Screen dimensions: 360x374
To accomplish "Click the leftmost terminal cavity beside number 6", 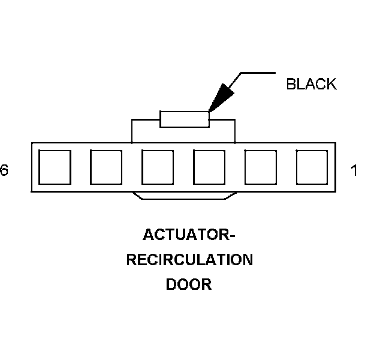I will tap(55, 167).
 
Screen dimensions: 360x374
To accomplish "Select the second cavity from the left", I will tap(106, 167).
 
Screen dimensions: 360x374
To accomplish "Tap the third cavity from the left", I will tap(158, 167).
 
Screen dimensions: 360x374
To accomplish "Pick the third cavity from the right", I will tap(209, 167).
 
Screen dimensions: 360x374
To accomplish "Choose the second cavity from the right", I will tap(261, 167).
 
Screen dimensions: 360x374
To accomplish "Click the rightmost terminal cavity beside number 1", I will tap(312, 167).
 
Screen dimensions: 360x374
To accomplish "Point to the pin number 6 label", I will tap(4, 171).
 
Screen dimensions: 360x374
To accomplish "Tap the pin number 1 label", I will tap(354, 171).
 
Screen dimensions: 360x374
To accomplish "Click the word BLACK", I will tap(311, 85).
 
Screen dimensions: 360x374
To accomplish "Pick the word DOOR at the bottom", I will tap(189, 284).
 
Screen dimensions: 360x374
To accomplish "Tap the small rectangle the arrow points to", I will tap(185, 119).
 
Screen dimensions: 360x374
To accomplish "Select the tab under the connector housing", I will tap(185, 196).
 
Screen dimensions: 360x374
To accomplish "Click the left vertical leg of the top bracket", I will tap(131, 131).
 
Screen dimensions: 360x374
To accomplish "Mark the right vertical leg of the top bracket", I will tap(234, 131).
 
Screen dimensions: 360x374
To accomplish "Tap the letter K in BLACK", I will tap(331, 85).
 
